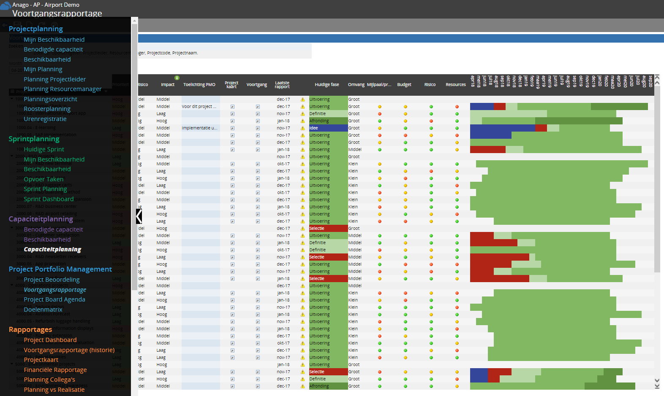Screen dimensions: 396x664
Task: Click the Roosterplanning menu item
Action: tap(47, 109)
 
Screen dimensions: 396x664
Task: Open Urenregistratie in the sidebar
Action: tap(45, 119)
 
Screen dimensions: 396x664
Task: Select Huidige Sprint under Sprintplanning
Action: tap(44, 149)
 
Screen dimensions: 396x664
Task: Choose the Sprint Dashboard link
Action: tap(49, 199)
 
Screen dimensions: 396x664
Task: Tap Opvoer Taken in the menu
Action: tap(44, 179)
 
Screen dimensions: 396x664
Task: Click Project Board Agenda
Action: tap(54, 299)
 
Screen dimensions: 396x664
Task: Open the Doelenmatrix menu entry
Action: tap(43, 310)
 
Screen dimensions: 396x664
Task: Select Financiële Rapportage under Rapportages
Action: tap(55, 370)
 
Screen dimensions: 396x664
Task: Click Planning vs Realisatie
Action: tap(54, 390)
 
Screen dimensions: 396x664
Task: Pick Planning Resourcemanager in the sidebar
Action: tap(63, 89)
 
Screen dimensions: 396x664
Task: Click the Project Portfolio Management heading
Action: tap(60, 269)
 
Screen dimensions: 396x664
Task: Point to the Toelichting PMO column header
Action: tap(199, 85)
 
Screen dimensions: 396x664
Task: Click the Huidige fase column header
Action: tap(327, 85)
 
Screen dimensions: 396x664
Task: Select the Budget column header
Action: tap(404, 85)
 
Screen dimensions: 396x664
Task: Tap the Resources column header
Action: tap(456, 85)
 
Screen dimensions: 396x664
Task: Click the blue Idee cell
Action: tap(328, 128)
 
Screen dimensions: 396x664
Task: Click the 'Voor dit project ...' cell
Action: tap(199, 107)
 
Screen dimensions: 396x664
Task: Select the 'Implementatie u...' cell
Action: tap(200, 128)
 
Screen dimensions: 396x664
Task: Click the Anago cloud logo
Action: tap(5, 5)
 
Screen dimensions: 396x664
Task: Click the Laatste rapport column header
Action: tap(282, 85)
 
